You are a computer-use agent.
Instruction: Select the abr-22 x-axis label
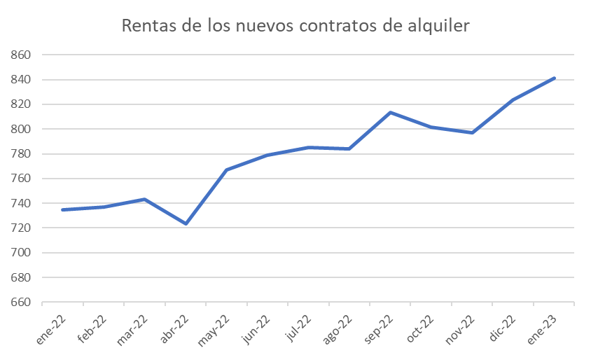175,329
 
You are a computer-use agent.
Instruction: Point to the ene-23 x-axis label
543,329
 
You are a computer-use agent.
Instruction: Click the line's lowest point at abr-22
186,223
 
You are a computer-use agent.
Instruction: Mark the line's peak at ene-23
555,78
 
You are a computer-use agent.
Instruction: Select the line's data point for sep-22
390,112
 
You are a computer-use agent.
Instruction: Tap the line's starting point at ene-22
62,209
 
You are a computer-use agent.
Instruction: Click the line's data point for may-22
226,169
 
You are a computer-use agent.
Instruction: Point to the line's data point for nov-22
473,132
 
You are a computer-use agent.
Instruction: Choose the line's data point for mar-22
144,199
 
